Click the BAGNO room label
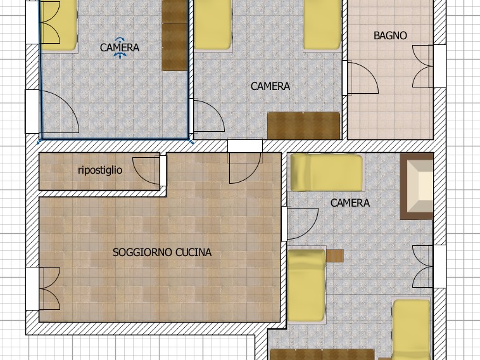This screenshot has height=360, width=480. pos(390,35)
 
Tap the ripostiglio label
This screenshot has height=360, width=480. pos(100,170)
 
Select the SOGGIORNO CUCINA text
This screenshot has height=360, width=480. pos(162,252)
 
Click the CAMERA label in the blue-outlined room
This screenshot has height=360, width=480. pos(120,48)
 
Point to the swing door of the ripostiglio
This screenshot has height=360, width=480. pos(146,170)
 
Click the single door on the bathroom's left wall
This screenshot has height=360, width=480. pos(361,78)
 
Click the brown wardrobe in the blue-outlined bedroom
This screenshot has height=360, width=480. pos(175,35)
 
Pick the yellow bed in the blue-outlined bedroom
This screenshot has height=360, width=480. pos(59,25)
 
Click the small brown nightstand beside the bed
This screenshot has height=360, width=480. pos(335,256)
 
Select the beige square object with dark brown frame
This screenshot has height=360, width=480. pos(417,186)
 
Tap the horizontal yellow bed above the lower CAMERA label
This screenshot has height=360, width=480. pos(327,172)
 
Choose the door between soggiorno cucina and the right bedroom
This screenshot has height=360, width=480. pos(300,224)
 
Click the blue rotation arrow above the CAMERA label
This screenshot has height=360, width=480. pos(120,39)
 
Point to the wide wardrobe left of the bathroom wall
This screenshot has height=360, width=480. pos(304,125)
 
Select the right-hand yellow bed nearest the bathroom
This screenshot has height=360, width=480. pos(322,25)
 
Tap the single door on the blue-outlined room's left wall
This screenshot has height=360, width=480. pos(58,112)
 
